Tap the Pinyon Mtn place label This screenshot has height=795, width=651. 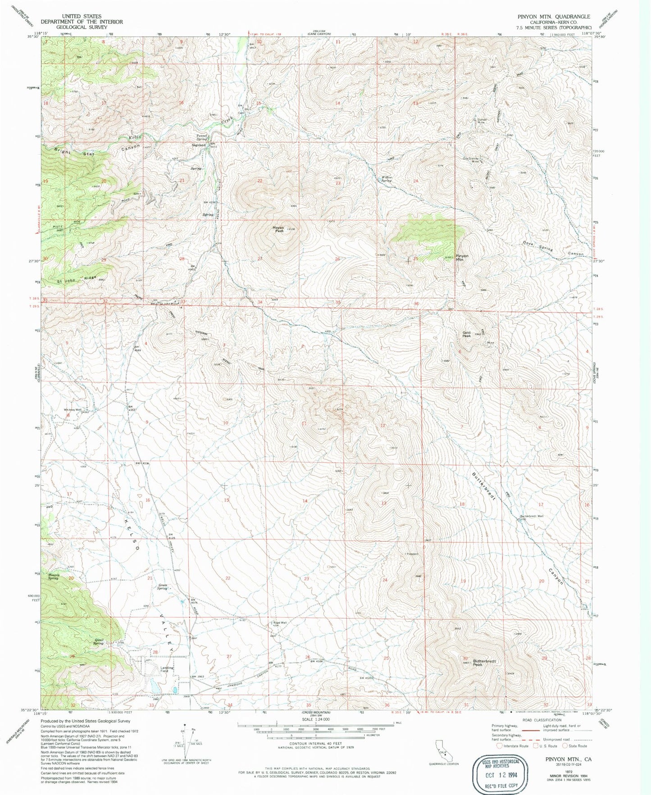[x=462, y=258]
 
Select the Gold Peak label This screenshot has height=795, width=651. [x=467, y=335]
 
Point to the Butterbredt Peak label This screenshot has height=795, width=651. [x=485, y=663]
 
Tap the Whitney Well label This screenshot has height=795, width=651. [x=73, y=410]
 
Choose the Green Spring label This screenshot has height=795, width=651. [x=163, y=587]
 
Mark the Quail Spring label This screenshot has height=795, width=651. [x=99, y=641]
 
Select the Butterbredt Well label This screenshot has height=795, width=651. [x=532, y=516]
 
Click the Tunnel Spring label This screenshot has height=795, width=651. [x=201, y=137]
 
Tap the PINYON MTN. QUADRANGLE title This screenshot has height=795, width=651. [x=554, y=17]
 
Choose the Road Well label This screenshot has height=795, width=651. [x=279, y=623]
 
